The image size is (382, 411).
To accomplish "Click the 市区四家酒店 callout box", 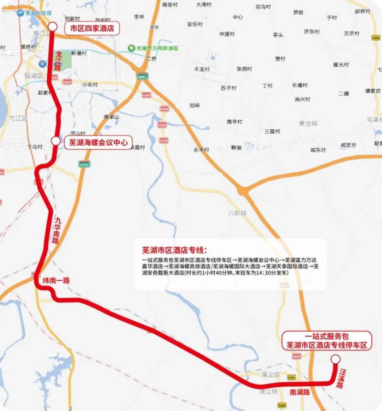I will coord(92,28).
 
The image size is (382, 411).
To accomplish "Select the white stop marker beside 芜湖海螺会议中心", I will coord(56,141).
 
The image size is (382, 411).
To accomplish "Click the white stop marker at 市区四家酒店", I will coord(53,27).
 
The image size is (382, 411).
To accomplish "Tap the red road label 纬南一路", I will coord(56,281).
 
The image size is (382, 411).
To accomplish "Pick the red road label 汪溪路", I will coord(342,378).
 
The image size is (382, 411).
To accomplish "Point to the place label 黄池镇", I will coord(308,123).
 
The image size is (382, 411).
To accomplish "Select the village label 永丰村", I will coord(201,150).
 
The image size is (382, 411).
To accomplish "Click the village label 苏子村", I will coord(228,88).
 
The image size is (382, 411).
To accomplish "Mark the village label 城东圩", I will coord(318,150).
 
